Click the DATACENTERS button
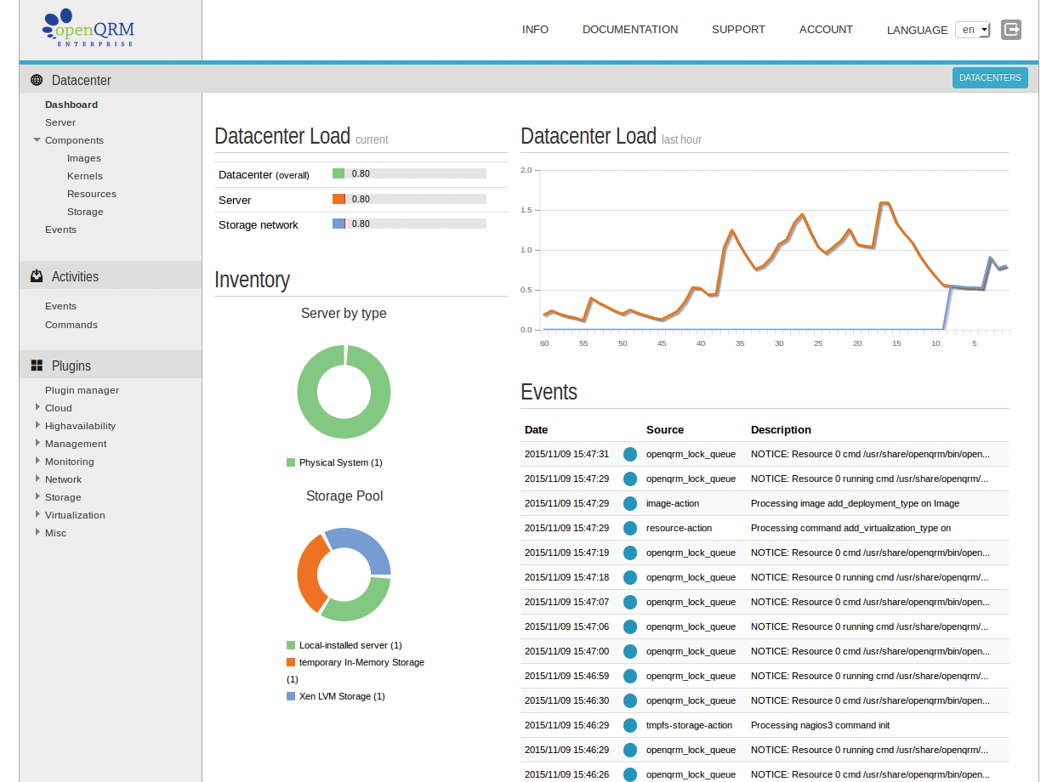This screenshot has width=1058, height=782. [x=990, y=77]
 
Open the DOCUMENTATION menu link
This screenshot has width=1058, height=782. [x=630, y=30]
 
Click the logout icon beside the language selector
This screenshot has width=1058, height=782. [x=1011, y=30]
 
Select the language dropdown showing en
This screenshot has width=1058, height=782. [x=973, y=30]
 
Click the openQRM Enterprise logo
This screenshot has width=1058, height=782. [x=88, y=30]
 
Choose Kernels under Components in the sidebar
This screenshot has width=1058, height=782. [x=85, y=176]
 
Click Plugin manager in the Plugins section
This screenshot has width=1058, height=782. [x=82, y=390]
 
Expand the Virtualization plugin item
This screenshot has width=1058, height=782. [x=75, y=515]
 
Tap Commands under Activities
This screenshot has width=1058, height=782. [x=71, y=325]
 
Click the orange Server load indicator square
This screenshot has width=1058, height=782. [x=338, y=199]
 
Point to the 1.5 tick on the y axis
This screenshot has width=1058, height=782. [x=526, y=210]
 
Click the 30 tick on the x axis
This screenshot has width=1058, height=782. [x=779, y=343]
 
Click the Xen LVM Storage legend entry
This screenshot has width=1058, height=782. [x=341, y=696]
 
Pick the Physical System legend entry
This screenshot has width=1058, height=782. [x=340, y=462]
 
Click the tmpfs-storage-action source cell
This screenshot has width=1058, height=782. [x=689, y=725]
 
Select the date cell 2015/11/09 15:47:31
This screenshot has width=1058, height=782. [x=566, y=454]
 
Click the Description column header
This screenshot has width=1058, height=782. [x=781, y=430]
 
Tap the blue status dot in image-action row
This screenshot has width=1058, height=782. [x=630, y=503]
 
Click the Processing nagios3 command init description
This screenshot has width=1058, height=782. [x=820, y=725]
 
